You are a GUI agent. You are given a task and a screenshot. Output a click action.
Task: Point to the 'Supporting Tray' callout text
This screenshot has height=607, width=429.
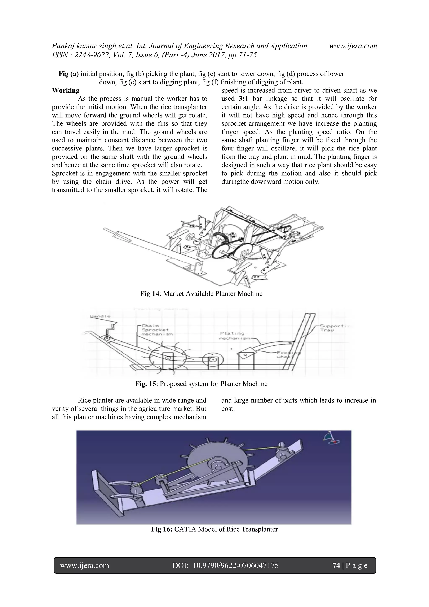pyautogui.click(x=334, y=328)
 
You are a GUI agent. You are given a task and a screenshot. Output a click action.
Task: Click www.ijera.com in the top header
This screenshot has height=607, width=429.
pyautogui.click(x=353, y=46)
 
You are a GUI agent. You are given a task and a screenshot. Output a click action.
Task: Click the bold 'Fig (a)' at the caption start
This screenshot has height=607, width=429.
pyautogui.click(x=68, y=74)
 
